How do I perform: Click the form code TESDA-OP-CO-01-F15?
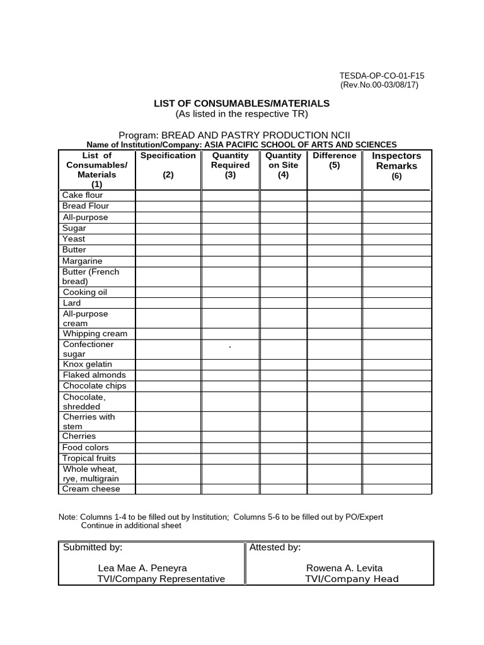click(382, 76)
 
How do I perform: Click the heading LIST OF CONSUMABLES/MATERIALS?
click(242, 103)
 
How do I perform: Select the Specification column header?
click(168, 166)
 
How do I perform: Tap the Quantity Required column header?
click(230, 165)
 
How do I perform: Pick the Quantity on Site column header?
click(283, 165)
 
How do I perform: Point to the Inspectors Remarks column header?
click(396, 166)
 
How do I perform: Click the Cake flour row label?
click(82, 195)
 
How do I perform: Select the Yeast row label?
click(74, 239)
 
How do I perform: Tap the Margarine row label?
click(82, 261)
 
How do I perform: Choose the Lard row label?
click(72, 303)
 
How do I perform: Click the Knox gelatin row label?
click(87, 364)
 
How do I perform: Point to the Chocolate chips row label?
click(94, 385)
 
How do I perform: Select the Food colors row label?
click(85, 447)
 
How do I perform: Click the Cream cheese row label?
click(91, 489)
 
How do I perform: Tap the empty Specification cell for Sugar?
click(168, 228)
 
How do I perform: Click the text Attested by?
click(275, 547)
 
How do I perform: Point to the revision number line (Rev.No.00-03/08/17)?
click(379, 85)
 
